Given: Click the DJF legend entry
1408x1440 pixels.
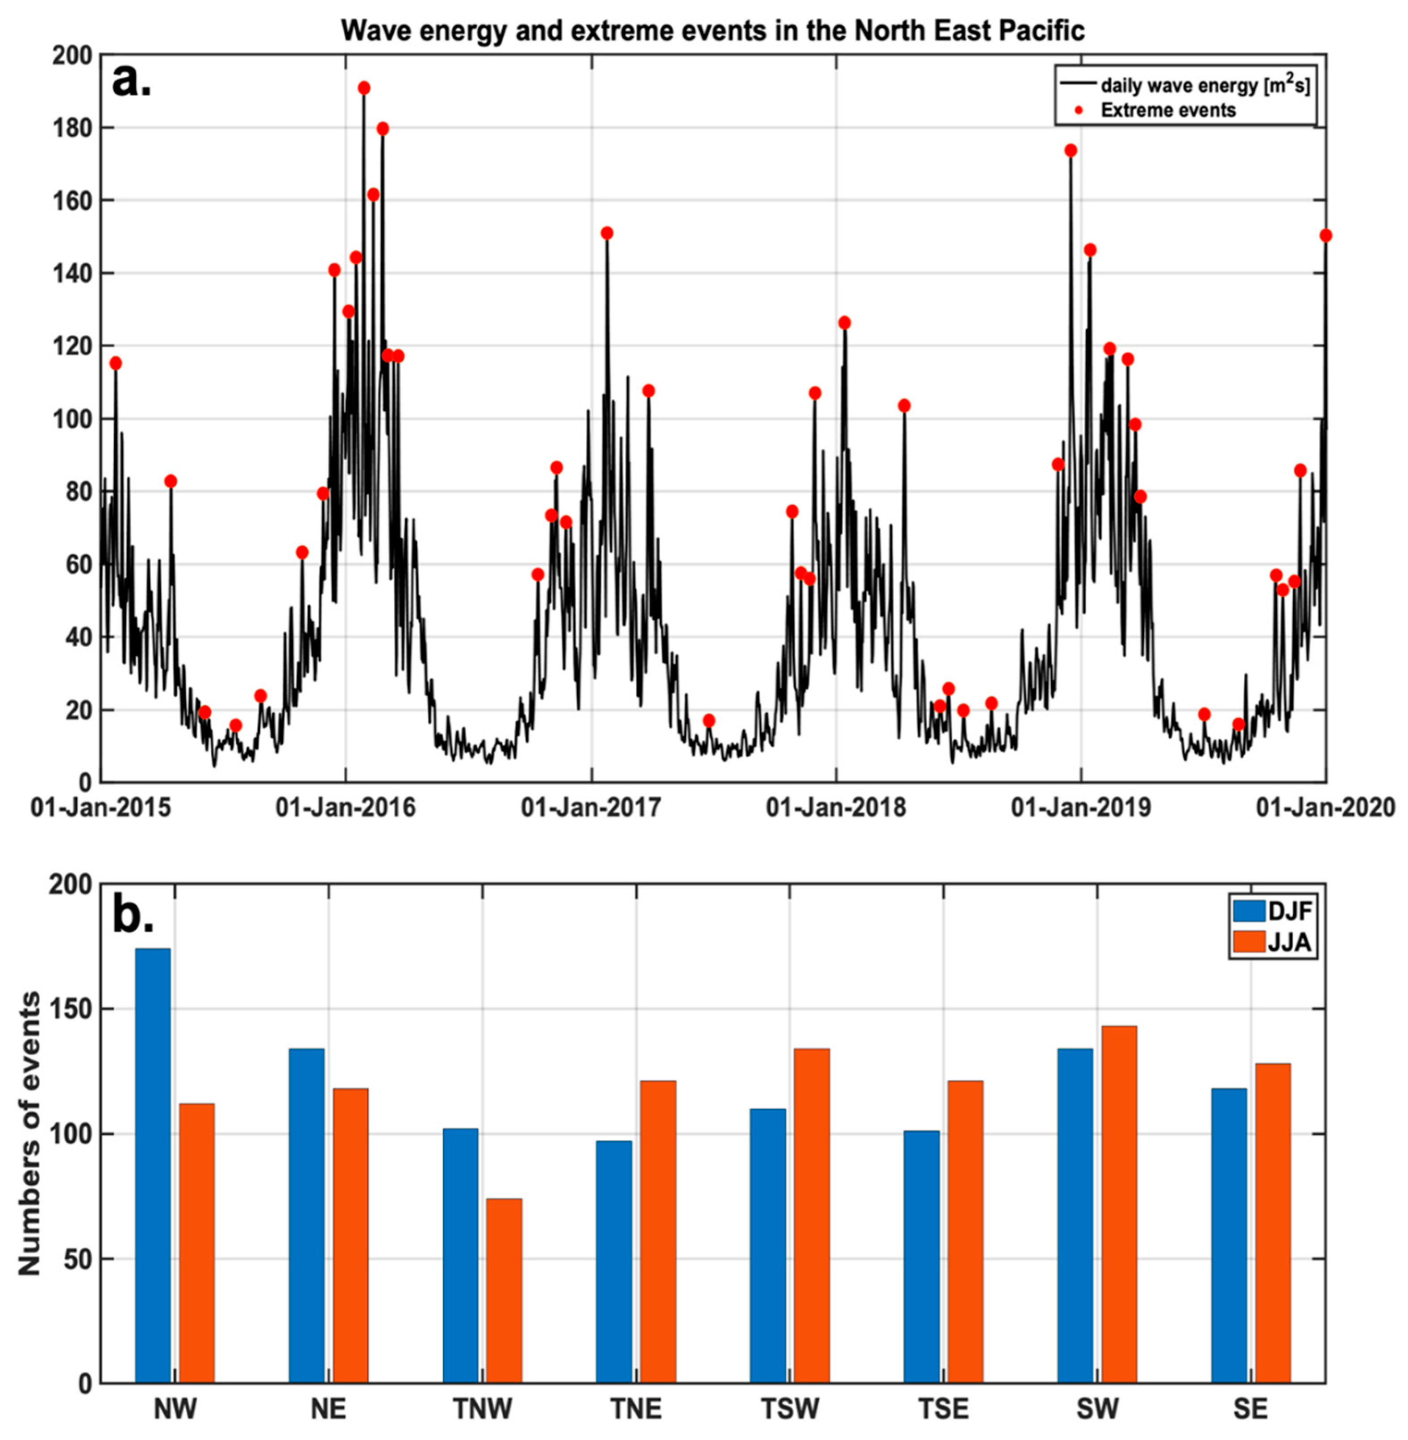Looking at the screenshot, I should pyautogui.click(x=1272, y=911).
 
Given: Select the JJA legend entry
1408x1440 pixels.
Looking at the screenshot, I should pyautogui.click(x=1272, y=943).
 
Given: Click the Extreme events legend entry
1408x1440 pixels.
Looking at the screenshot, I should pyautogui.click(x=1168, y=110).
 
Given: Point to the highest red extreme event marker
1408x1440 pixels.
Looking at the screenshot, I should pyautogui.click(x=364, y=88).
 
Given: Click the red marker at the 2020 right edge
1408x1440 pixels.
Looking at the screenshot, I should pyautogui.click(x=1325, y=235).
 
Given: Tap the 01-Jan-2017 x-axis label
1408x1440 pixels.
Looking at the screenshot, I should pyautogui.click(x=591, y=807).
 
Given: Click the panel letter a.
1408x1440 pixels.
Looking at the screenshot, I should pyautogui.click(x=132, y=81).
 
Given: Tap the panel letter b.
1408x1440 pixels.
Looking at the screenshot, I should pyautogui.click(x=133, y=915).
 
